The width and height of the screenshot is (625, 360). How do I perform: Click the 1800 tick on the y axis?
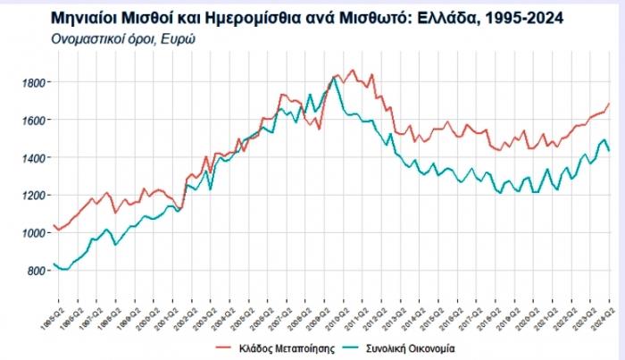[x=34, y=82]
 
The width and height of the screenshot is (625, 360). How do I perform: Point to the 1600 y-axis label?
[x=34, y=120]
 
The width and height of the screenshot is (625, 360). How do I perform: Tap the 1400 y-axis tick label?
[x=34, y=157]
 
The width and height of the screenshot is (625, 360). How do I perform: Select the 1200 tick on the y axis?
[x=34, y=195]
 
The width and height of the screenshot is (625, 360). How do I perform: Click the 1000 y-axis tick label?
[x=34, y=233]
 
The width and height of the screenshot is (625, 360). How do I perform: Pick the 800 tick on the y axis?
[x=37, y=271]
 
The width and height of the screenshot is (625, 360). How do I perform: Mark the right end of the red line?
[x=610, y=103]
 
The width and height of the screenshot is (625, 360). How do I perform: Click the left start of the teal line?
[x=55, y=264]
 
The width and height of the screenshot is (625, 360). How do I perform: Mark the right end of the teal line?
[x=610, y=152]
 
